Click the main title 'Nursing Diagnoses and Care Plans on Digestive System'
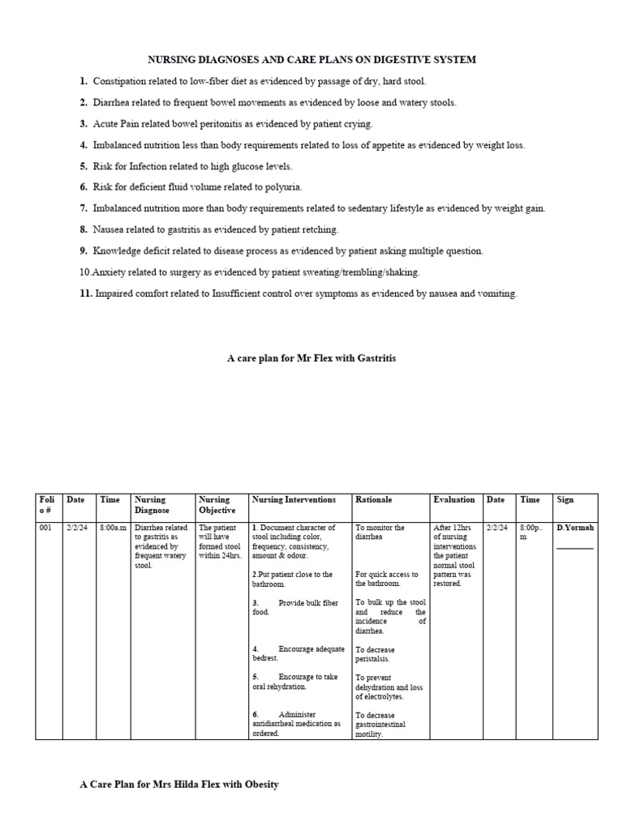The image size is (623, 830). [311, 60]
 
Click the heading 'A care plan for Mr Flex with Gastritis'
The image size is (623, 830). [311, 357]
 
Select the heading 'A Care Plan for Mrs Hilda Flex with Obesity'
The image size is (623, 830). [179, 785]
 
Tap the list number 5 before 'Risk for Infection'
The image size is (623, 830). [84, 166]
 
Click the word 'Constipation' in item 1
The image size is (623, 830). [120, 82]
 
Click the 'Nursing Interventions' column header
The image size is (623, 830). [290, 500]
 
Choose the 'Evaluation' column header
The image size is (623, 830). [453, 500]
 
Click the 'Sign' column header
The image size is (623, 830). [565, 500]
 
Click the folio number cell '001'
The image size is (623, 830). [45, 528]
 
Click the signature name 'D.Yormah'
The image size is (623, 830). [575, 528]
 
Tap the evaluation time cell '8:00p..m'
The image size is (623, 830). [530, 532]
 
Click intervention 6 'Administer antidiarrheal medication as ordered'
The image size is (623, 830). [297, 724]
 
